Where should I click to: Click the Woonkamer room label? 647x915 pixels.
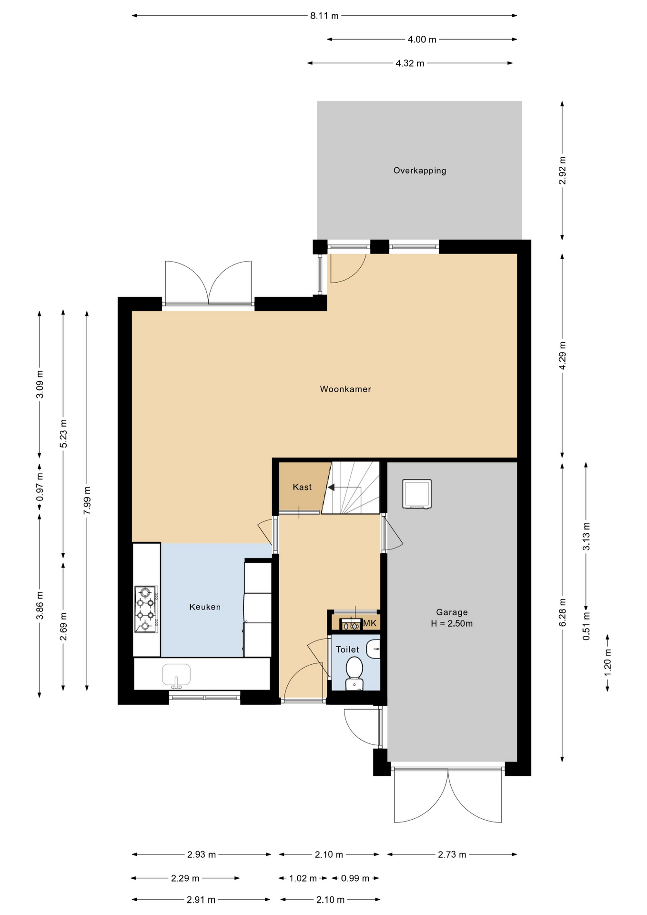[345, 389]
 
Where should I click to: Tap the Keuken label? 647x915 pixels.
[205, 607]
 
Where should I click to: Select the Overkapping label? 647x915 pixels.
[420, 171]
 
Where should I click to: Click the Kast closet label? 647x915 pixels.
[302, 487]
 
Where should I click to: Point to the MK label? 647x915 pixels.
[370, 623]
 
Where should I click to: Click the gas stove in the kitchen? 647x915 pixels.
[146, 609]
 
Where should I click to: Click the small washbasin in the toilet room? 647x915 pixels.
[374, 649]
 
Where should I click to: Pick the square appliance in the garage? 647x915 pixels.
[417, 494]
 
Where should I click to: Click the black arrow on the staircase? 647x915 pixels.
[331, 487]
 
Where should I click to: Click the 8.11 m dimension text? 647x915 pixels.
[324, 16]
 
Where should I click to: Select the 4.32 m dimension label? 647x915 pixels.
[410, 63]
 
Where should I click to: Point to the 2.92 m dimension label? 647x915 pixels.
[562, 170]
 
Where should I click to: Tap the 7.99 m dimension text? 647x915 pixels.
[87, 500]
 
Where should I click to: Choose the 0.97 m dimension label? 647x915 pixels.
[40, 486]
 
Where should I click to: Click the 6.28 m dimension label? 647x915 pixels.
[562, 613]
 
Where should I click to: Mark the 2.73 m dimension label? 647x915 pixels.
[452, 854]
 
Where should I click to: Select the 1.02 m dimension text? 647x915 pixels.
[303, 878]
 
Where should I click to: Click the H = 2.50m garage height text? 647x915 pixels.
[452, 623]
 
